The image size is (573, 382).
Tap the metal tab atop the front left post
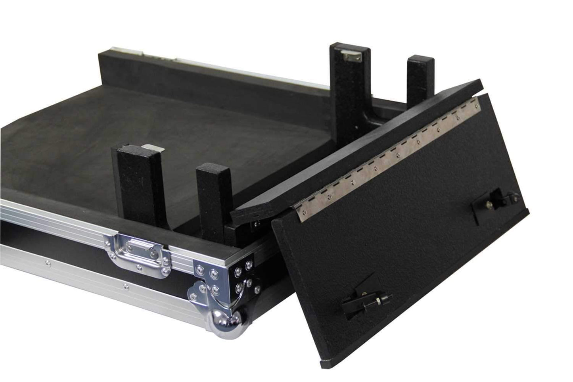coord(152,147)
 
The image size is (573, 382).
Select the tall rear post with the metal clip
coord(349,95)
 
